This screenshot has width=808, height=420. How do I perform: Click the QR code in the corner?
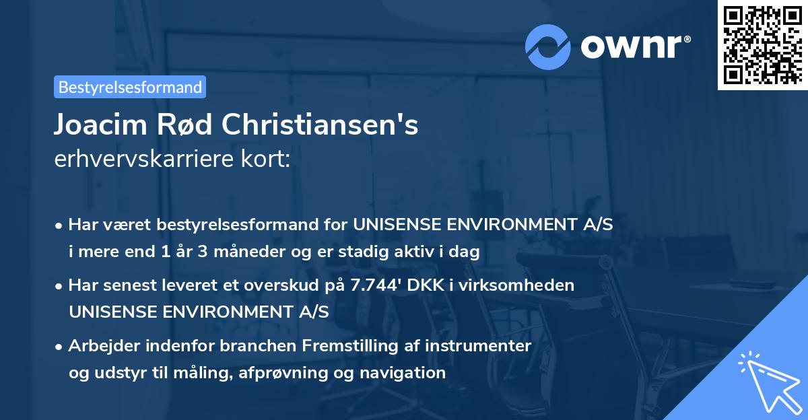click(x=762, y=44)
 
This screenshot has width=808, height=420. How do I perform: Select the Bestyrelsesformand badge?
click(x=130, y=87)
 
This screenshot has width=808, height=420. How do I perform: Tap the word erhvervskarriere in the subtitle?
click(x=143, y=160)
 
